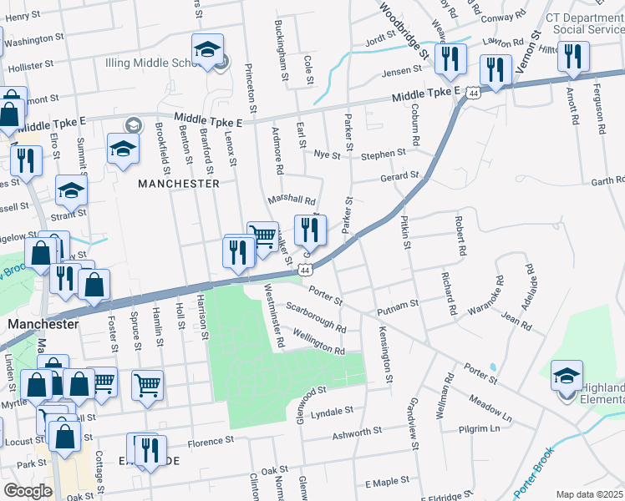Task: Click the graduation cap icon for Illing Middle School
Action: tap(207, 50)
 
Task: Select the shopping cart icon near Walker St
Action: tap(262, 236)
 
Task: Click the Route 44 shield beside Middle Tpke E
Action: tap(473, 94)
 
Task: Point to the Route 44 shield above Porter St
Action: tap(305, 271)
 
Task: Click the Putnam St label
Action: tap(397, 306)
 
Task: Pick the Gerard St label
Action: tap(399, 177)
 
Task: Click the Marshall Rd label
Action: tap(292, 200)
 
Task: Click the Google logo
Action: tap(28, 491)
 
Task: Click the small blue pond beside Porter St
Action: tap(493, 367)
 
